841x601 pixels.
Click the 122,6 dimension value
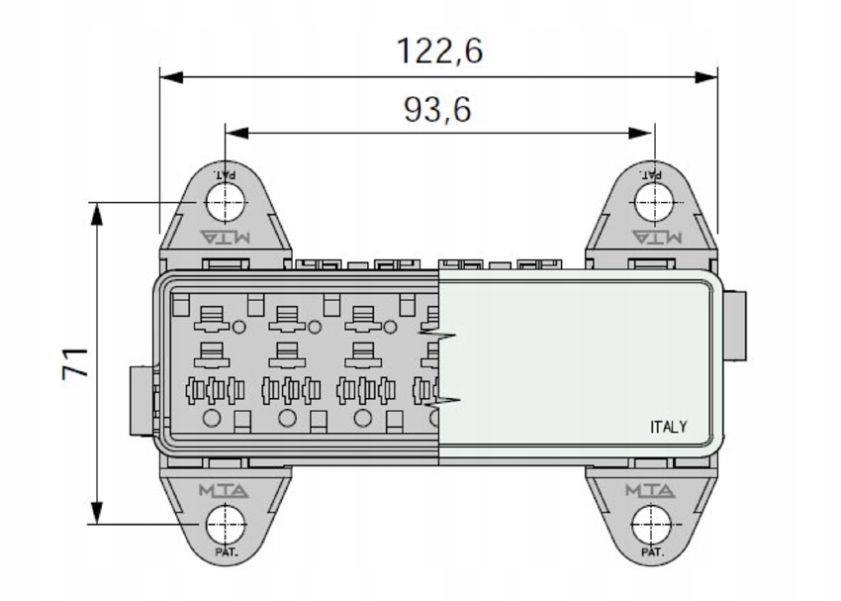pyautogui.click(x=439, y=50)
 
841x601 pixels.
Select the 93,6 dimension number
pyautogui.click(x=437, y=110)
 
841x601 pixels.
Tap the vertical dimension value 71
pyautogui.click(x=74, y=363)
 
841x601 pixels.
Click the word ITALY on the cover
pyautogui.click(x=668, y=427)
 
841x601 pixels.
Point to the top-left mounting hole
pyautogui.click(x=226, y=203)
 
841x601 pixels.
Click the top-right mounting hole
pyautogui.click(x=654, y=202)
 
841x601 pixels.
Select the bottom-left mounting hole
pyautogui.click(x=226, y=524)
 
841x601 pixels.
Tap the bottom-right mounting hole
pyautogui.click(x=652, y=524)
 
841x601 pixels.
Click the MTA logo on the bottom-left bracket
pyautogui.click(x=224, y=490)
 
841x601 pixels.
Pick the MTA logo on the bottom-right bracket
pyautogui.click(x=650, y=490)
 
